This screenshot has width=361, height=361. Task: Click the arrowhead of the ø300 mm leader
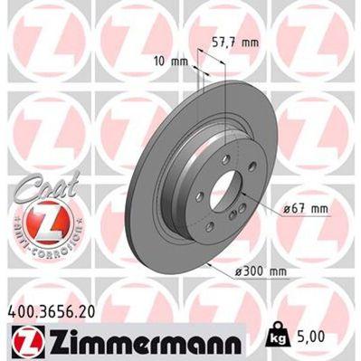[x=207, y=261]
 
